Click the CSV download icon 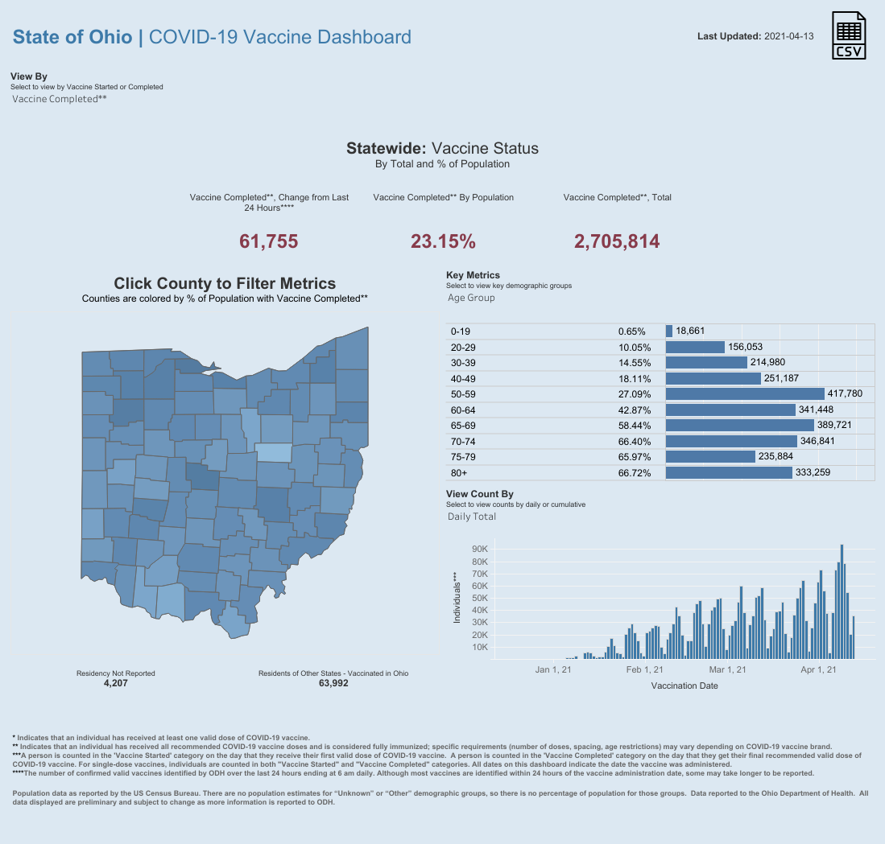click(849, 36)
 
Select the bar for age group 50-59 click(745, 393)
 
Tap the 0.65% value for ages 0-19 click(632, 331)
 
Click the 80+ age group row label click(461, 472)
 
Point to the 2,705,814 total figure click(617, 241)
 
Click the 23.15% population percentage click(443, 241)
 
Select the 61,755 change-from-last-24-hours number click(269, 241)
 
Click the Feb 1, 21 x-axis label click(644, 669)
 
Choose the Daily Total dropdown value click(472, 517)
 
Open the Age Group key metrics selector click(471, 298)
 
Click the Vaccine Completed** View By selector click(60, 99)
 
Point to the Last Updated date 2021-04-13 click(789, 36)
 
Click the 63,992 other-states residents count click(333, 683)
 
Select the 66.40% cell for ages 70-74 click(635, 441)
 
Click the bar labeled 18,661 click(669, 331)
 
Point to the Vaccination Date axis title click(684, 686)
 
